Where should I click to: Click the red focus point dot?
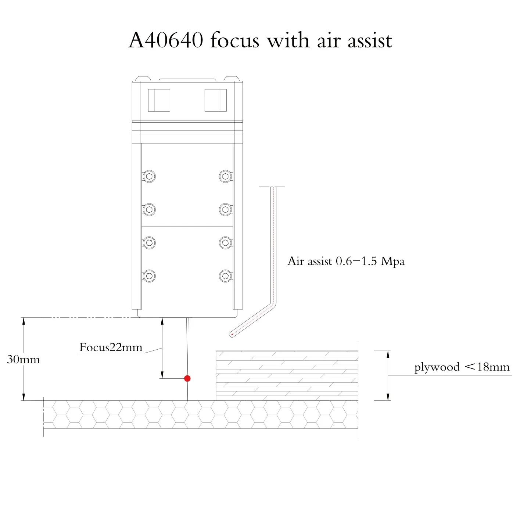click(187, 378)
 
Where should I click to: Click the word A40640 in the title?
click(166, 40)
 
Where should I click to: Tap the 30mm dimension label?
click(24, 359)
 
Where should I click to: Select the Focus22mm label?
click(111, 347)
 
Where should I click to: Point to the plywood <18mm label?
click(462, 367)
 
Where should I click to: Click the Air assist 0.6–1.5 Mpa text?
click(346, 261)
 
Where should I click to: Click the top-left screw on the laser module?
click(149, 176)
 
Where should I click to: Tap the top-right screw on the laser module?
click(225, 176)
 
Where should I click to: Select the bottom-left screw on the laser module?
click(149, 276)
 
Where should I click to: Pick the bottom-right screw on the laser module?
click(225, 276)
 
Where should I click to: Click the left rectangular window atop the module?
click(159, 100)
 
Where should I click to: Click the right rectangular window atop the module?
click(215, 100)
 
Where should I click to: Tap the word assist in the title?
click(370, 40)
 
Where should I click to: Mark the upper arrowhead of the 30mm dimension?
click(24, 321)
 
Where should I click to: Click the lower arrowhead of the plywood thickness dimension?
click(388, 396)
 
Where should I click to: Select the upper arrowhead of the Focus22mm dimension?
click(162, 322)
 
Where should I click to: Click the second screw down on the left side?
click(149, 210)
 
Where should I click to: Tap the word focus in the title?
click(235, 40)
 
